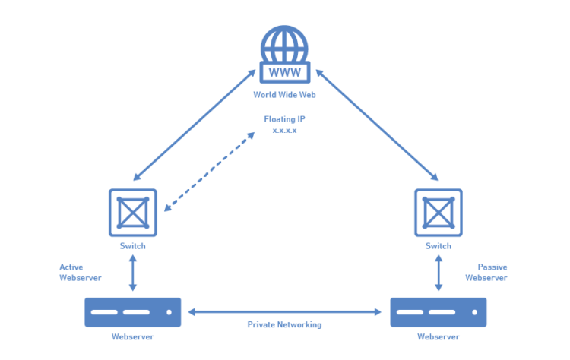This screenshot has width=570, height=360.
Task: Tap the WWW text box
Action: click(284, 72)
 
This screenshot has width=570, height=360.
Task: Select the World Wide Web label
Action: click(284, 95)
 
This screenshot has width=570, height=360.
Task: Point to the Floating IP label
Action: click(284, 119)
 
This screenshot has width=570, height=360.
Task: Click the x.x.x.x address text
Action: click(284, 131)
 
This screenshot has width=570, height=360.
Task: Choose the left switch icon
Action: click(133, 213)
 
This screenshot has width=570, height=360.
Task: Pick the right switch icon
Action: click(438, 213)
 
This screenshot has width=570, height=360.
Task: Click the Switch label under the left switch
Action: click(133, 246)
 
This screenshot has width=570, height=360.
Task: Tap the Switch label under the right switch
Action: click(438, 246)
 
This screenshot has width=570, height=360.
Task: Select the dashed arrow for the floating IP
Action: click(209, 171)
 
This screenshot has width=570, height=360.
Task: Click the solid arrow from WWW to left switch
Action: click(194, 125)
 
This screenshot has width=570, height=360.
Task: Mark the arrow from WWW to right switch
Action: click(377, 125)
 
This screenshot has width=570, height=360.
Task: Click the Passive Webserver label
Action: click(486, 272)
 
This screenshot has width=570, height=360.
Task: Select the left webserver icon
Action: click(133, 312)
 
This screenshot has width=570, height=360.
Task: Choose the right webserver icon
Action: click(439, 312)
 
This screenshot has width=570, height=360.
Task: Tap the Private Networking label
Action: click(284, 324)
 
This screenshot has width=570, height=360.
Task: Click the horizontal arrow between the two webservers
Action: click(284, 311)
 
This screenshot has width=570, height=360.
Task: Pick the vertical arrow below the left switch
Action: click(133, 273)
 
